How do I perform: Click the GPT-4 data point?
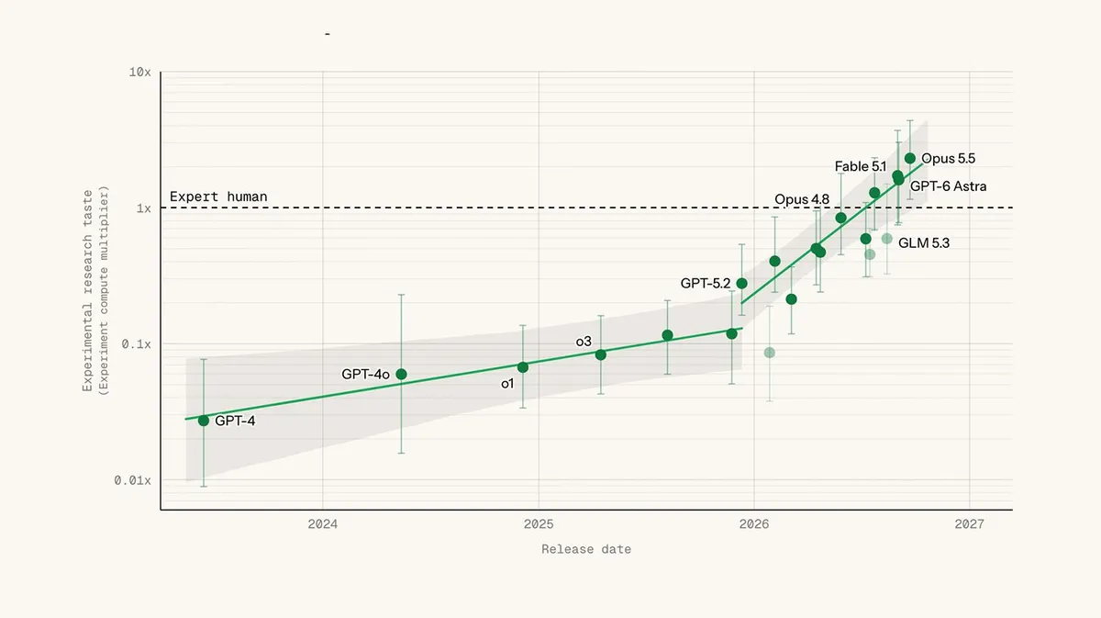[204, 421]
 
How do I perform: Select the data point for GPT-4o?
[401, 375]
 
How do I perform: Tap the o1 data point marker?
[523, 367]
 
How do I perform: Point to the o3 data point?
[601, 354]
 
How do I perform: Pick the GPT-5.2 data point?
[741, 284]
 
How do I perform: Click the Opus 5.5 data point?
[910, 159]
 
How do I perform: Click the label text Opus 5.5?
[948, 159]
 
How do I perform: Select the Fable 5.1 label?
[861, 166]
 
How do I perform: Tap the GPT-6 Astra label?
[948, 186]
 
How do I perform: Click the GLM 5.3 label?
[924, 243]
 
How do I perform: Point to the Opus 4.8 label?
[802, 199]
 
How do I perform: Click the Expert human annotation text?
[218, 197]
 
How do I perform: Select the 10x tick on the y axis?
[140, 73]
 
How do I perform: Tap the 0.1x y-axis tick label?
[136, 344]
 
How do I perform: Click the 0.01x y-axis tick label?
[133, 480]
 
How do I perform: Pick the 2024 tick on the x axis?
[322, 524]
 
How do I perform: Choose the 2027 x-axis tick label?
[969, 524]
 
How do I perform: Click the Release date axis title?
[586, 549]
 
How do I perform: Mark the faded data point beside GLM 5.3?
[886, 239]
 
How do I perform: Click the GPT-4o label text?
[366, 375]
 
